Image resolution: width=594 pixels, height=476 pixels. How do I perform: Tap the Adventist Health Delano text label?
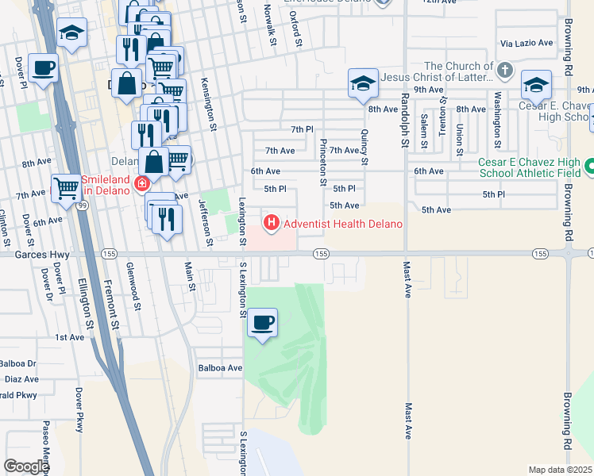click(343, 224)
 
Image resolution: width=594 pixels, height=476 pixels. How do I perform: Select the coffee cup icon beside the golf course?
click(262, 323)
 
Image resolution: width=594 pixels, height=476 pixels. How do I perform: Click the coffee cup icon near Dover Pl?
click(44, 67)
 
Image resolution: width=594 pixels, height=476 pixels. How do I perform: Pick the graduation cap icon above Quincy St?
click(362, 83)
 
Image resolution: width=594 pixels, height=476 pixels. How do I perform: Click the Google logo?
click(26, 466)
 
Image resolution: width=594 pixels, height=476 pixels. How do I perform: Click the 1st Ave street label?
click(69, 337)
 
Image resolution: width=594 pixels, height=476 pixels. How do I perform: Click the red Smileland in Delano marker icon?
click(142, 184)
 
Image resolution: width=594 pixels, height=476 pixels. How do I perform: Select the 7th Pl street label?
click(302, 129)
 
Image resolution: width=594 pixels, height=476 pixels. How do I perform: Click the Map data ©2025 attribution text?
click(560, 470)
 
